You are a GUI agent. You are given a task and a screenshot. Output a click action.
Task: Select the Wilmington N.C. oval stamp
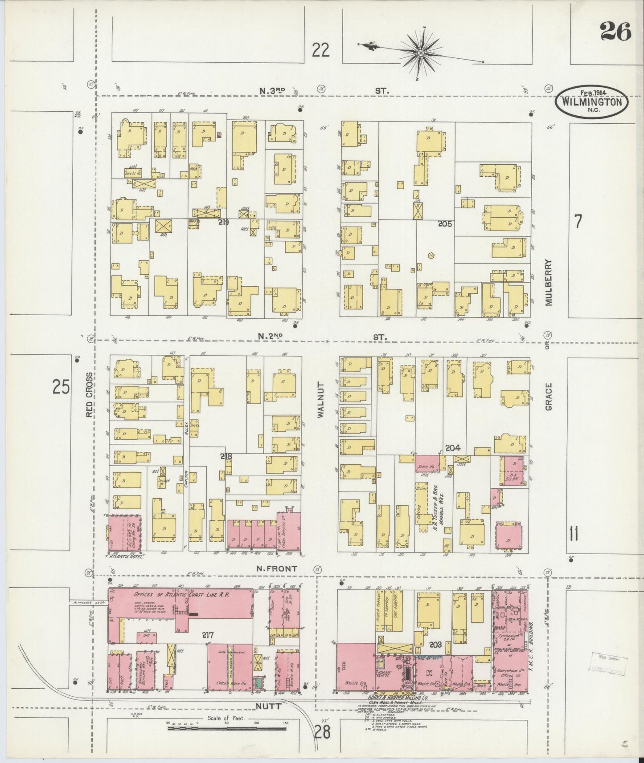click(x=591, y=101)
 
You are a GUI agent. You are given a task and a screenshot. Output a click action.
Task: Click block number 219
click(x=223, y=221)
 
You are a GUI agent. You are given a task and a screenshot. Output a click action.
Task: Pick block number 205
click(x=444, y=224)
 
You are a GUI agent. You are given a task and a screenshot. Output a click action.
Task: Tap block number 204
click(x=452, y=448)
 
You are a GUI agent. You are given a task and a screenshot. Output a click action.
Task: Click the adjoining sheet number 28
click(x=322, y=731)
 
